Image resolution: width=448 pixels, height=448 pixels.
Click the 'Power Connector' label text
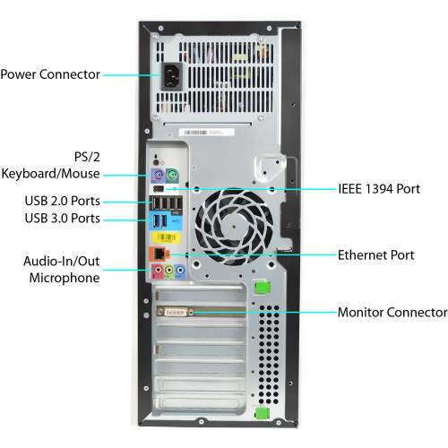(x=50, y=74)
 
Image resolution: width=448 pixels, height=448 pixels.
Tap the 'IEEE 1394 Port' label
(x=379, y=190)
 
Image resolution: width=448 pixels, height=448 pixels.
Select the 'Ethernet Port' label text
(x=376, y=255)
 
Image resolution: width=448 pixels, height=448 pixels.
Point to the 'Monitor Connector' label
(x=392, y=313)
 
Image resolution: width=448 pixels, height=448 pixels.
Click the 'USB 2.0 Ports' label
(x=63, y=199)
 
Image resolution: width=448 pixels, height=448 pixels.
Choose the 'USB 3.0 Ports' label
(x=63, y=219)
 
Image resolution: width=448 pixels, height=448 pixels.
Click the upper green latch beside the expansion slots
(x=262, y=288)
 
